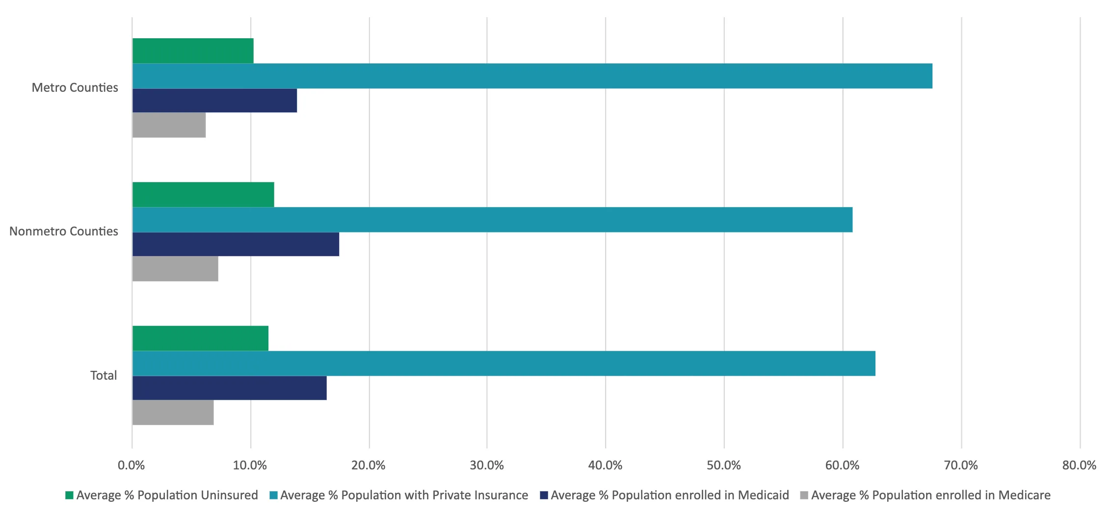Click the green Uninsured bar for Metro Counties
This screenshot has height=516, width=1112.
193,51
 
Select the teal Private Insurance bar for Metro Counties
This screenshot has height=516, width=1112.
532,76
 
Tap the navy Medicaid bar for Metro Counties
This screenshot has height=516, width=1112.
214,101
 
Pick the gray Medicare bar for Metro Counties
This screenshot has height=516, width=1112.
169,125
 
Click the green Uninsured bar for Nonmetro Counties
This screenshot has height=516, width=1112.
203,195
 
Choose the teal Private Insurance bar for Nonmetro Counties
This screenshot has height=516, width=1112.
492,220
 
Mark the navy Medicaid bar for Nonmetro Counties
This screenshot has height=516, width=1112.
236,244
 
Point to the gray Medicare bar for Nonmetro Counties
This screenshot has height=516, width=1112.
175,269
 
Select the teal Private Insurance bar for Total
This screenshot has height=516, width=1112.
503,363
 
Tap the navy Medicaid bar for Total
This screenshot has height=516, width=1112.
229,388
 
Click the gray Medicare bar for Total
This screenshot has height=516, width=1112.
173,413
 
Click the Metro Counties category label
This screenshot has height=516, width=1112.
75,88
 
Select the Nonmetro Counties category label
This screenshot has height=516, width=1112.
64,232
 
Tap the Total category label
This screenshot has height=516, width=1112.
104,376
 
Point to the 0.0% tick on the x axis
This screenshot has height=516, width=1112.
132,465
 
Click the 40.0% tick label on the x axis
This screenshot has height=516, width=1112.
605,465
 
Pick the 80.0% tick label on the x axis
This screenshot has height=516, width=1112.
1079,465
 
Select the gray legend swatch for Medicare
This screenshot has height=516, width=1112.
804,495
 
